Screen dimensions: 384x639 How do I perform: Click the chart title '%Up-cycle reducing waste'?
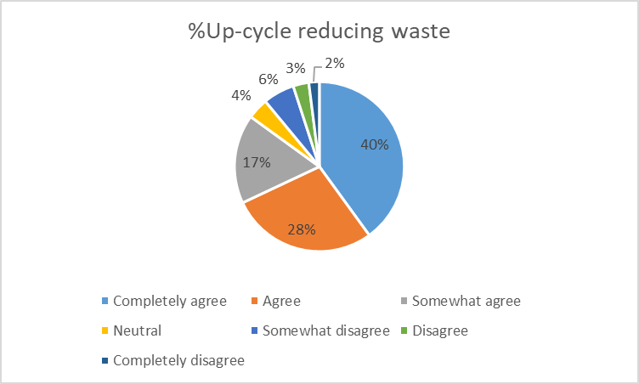(x=318, y=33)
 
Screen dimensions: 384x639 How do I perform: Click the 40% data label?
(x=374, y=144)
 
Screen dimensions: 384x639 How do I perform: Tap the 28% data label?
(x=302, y=229)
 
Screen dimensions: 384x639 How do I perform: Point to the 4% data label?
(x=240, y=95)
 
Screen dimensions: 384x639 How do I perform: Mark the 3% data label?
(x=297, y=66)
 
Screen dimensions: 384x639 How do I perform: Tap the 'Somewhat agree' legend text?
(x=466, y=300)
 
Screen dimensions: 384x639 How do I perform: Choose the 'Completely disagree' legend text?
(x=178, y=360)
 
